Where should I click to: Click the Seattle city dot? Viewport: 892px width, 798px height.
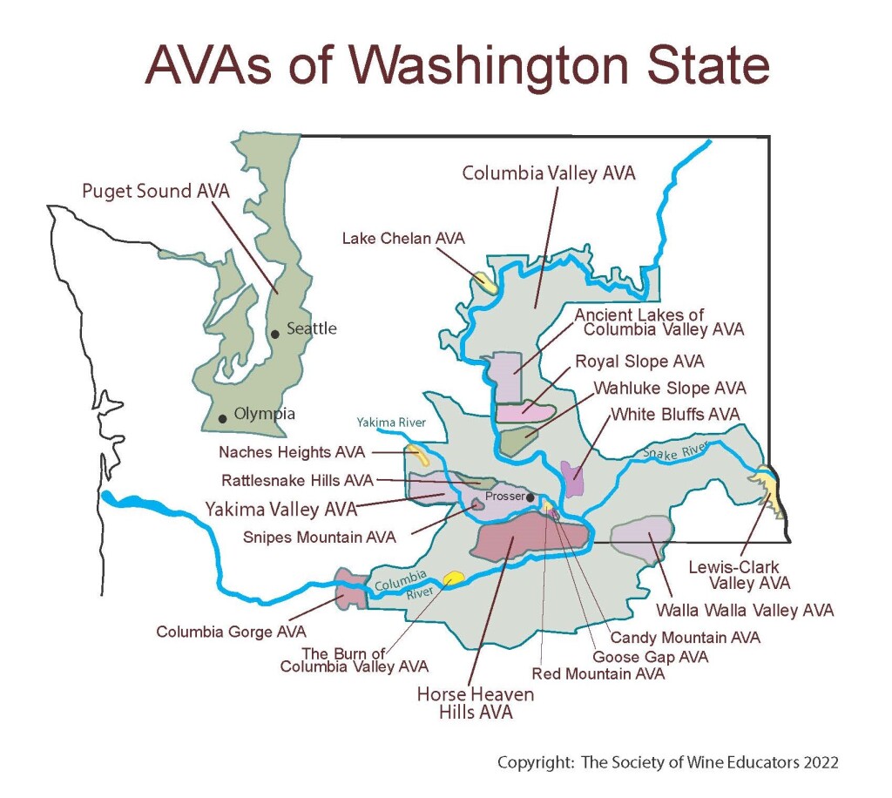pos(274,333)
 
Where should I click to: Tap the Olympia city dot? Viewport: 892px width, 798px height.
pos(223,419)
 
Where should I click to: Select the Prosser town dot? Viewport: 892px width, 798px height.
pos(530,497)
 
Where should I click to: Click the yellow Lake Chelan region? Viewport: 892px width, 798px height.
pos(486,282)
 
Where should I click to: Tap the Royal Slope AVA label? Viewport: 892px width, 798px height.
pos(639,361)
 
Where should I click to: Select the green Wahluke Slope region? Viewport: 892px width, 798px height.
pos(521,439)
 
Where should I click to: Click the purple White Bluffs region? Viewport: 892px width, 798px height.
pos(572,478)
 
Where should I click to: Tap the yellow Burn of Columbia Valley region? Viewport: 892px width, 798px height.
pos(454,578)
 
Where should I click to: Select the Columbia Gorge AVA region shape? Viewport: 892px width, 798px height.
pos(349,590)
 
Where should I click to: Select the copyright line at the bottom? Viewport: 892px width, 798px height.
pos(667,762)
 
